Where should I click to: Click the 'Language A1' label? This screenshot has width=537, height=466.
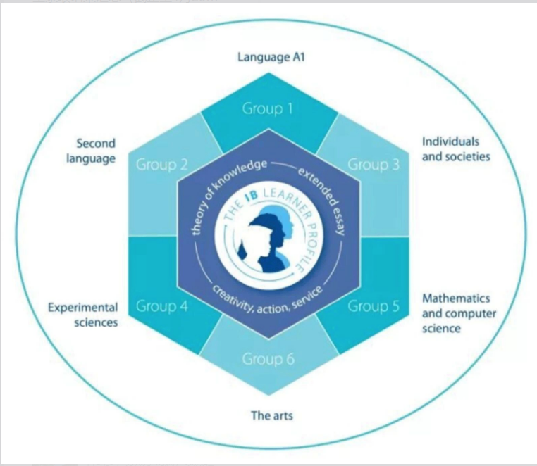271,57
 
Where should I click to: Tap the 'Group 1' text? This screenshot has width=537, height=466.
268,109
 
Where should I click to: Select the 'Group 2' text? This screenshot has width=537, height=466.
161,165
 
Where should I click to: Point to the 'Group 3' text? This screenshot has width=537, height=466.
374,165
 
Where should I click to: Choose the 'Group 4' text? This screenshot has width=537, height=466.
161,306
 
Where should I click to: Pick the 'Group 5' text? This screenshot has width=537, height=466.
374,306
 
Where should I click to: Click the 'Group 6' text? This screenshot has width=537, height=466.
268,359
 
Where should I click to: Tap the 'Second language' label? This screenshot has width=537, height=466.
91,151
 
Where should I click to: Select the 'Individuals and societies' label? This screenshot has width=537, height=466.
456,149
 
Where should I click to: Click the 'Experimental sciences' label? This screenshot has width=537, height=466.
83,315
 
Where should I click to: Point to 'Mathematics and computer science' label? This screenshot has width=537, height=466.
459,313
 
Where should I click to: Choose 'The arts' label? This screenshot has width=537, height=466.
272,415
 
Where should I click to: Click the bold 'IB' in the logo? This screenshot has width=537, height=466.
252,196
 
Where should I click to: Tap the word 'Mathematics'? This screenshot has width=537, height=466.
456,298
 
